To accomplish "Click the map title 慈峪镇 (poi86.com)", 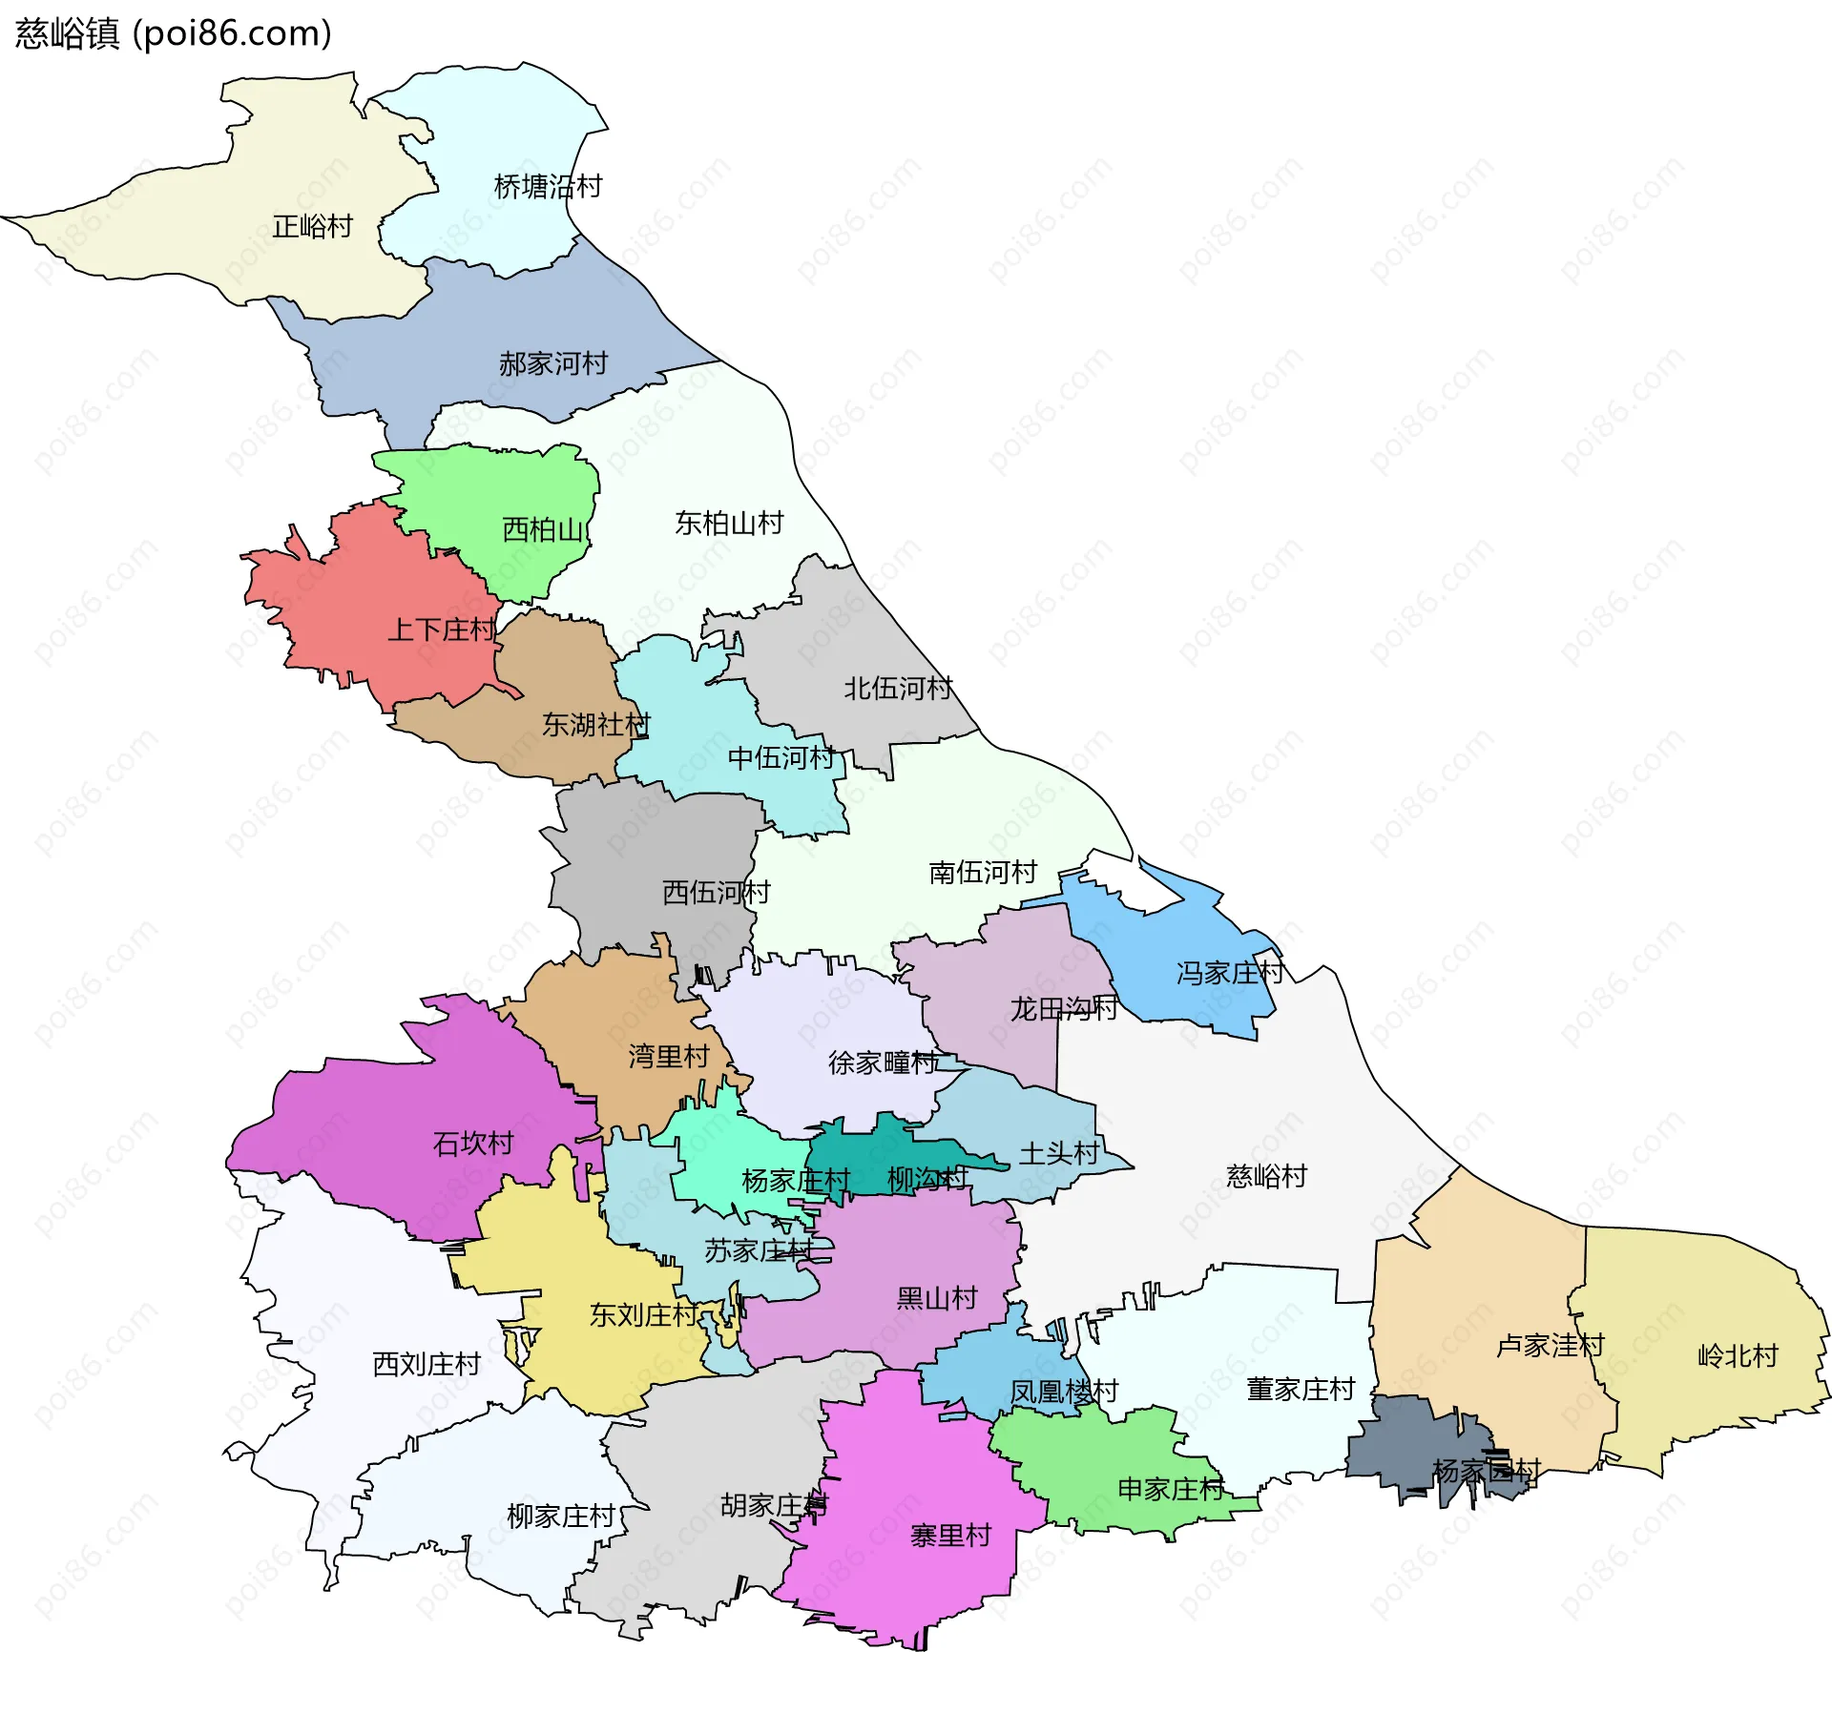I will click(173, 33).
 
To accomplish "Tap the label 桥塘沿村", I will click(548, 187).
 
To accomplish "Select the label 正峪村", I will click(312, 227).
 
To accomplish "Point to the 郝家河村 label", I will click(552, 364).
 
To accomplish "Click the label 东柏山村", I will click(729, 524).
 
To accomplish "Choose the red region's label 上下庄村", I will click(441, 630).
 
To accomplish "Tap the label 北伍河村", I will click(897, 689).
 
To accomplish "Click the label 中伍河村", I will click(781, 759).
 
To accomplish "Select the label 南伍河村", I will click(982, 873).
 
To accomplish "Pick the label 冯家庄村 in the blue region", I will click(1229, 974).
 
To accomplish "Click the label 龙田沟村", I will click(1063, 1009).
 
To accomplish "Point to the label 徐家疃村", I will click(882, 1063).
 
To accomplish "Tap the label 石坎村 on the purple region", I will click(473, 1144).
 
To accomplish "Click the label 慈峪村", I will click(1266, 1177).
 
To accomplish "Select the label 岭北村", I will click(1738, 1356).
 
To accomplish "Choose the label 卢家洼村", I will click(1550, 1347).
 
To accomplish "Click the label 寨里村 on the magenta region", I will click(950, 1537).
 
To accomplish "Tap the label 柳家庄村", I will click(560, 1517).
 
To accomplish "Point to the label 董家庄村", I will click(1300, 1390).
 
